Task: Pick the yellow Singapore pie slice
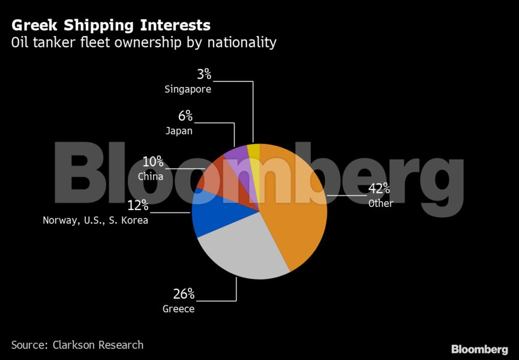click(254, 153)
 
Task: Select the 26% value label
click(184, 294)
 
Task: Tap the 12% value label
click(137, 206)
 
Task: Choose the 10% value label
click(152, 162)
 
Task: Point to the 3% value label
click(204, 74)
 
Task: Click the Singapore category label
click(188, 89)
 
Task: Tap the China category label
click(151, 177)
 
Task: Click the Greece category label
click(179, 310)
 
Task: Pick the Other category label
click(381, 203)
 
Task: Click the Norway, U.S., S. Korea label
click(95, 221)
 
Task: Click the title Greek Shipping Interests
click(111, 26)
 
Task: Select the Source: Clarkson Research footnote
click(77, 345)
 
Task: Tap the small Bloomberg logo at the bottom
click(479, 349)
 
